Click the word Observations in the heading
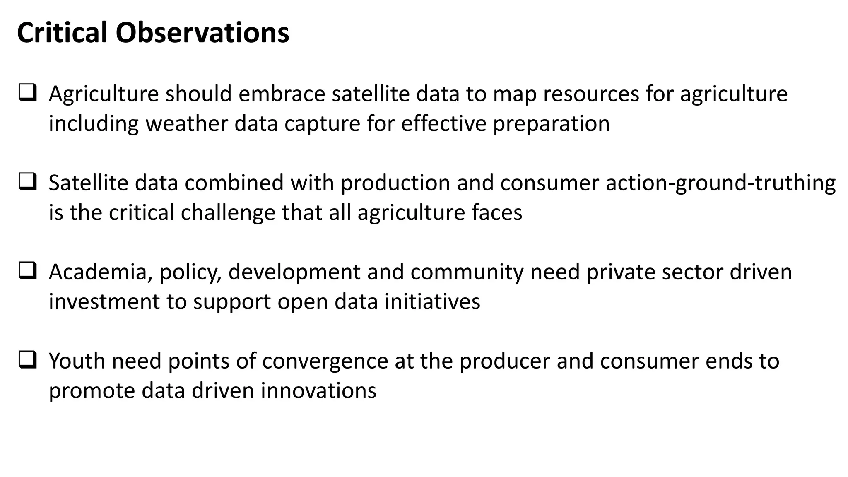pos(202,33)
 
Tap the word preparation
pos(551,124)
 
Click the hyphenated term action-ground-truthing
pos(720,183)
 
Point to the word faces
pos(497,213)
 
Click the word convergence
pos(325,361)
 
